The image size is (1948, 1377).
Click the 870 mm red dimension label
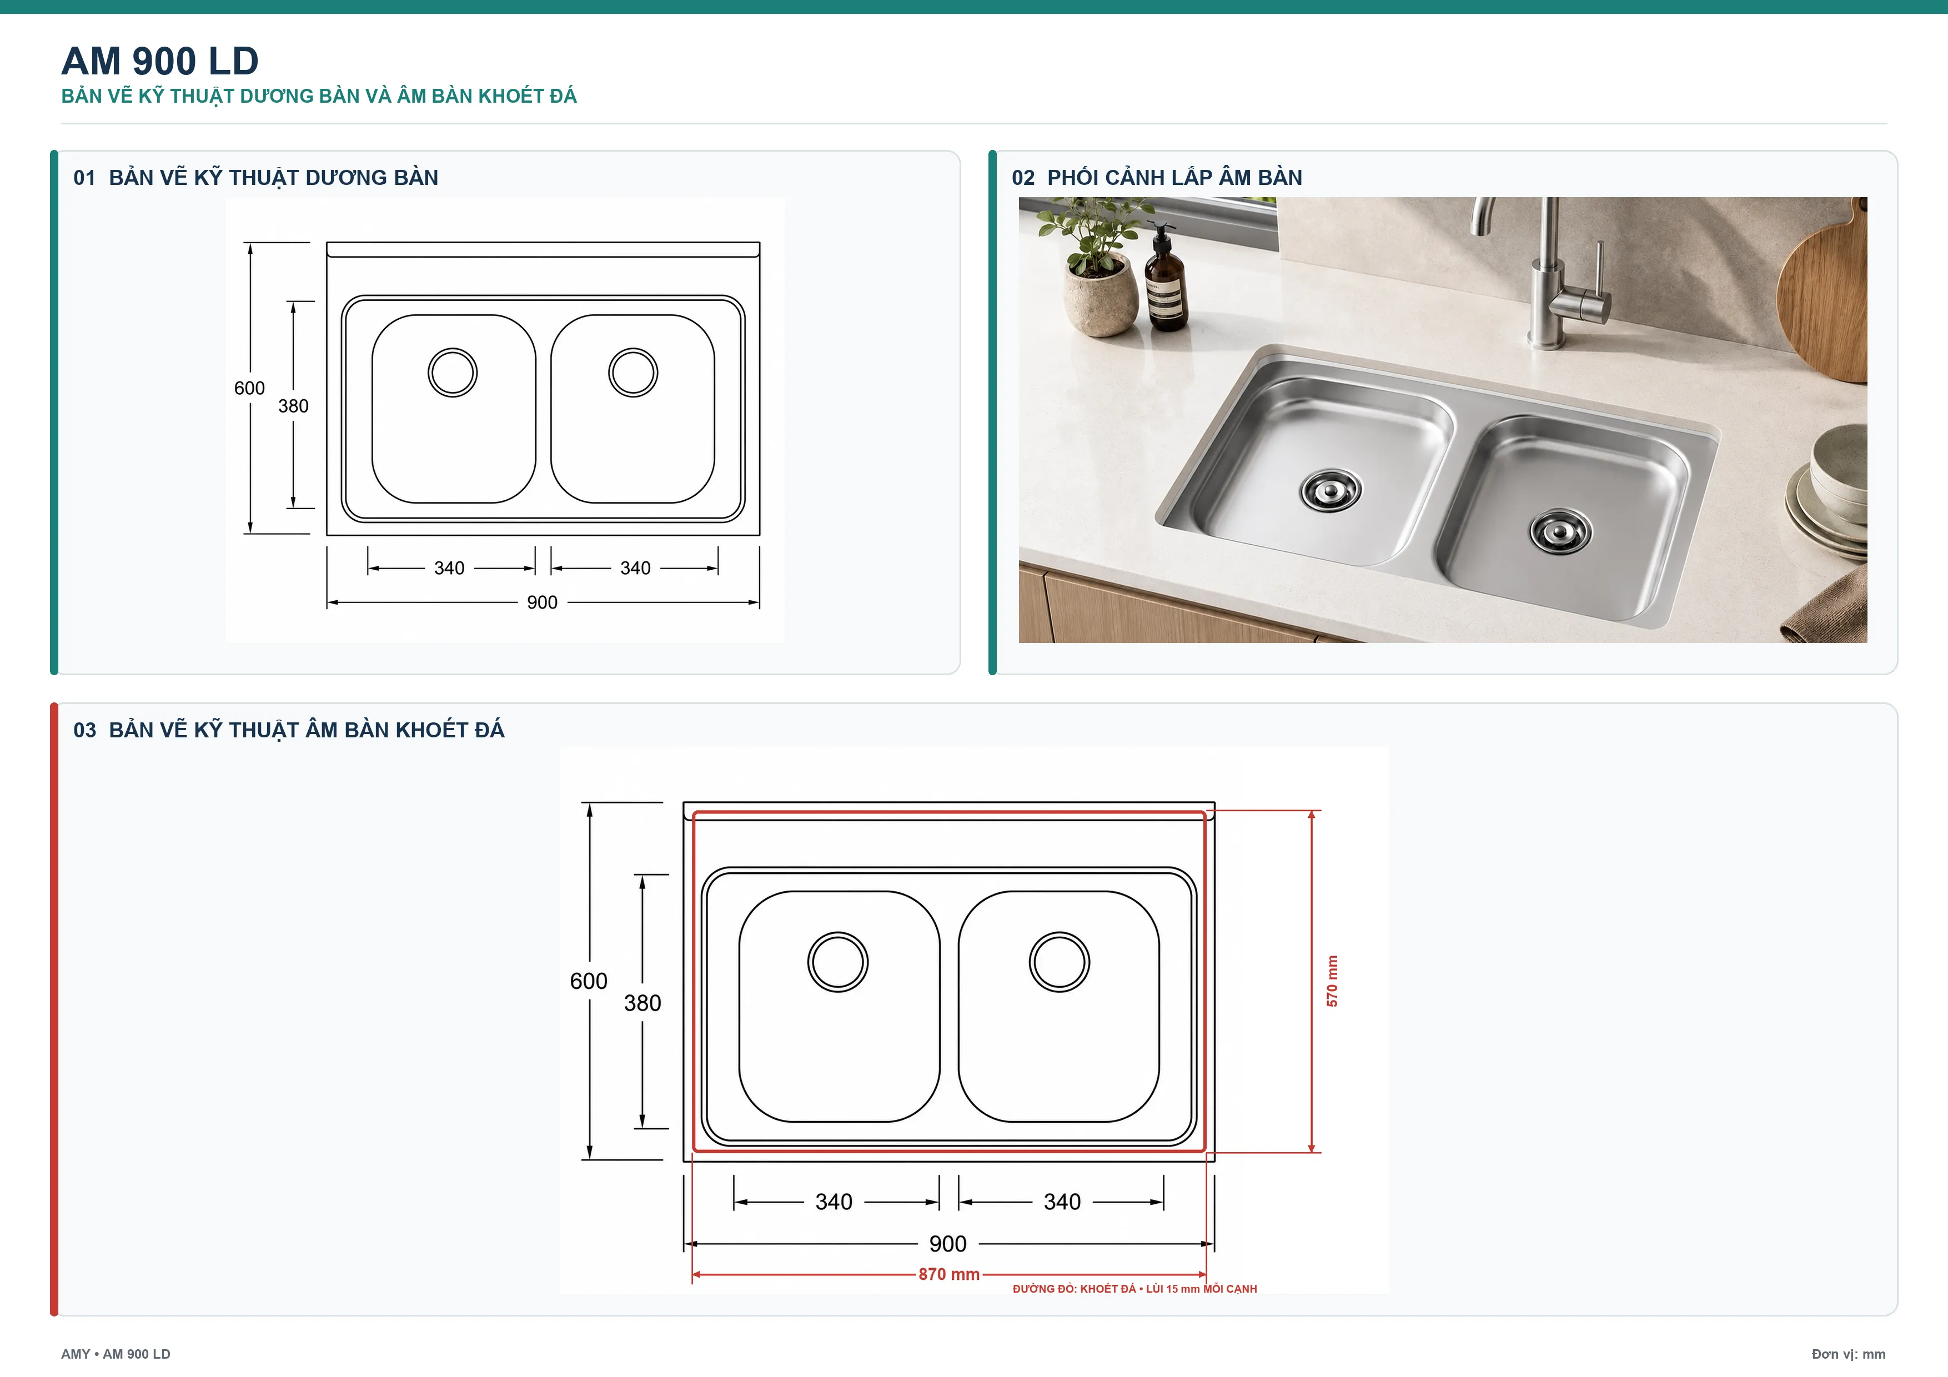(x=948, y=1274)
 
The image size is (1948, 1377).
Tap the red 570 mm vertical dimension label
(x=1332, y=981)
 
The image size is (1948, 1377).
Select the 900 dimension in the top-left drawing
(x=542, y=602)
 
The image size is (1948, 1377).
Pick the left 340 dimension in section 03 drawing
(x=834, y=1202)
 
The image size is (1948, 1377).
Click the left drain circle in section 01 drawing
(x=452, y=373)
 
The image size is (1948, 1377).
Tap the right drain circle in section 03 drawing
(x=1059, y=962)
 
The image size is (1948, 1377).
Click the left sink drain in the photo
(x=1331, y=490)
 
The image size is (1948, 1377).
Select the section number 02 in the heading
(x=1023, y=178)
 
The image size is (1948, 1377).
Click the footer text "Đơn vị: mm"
(x=1848, y=1354)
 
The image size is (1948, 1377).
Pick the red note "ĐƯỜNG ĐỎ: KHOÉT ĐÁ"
(x=1074, y=1289)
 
